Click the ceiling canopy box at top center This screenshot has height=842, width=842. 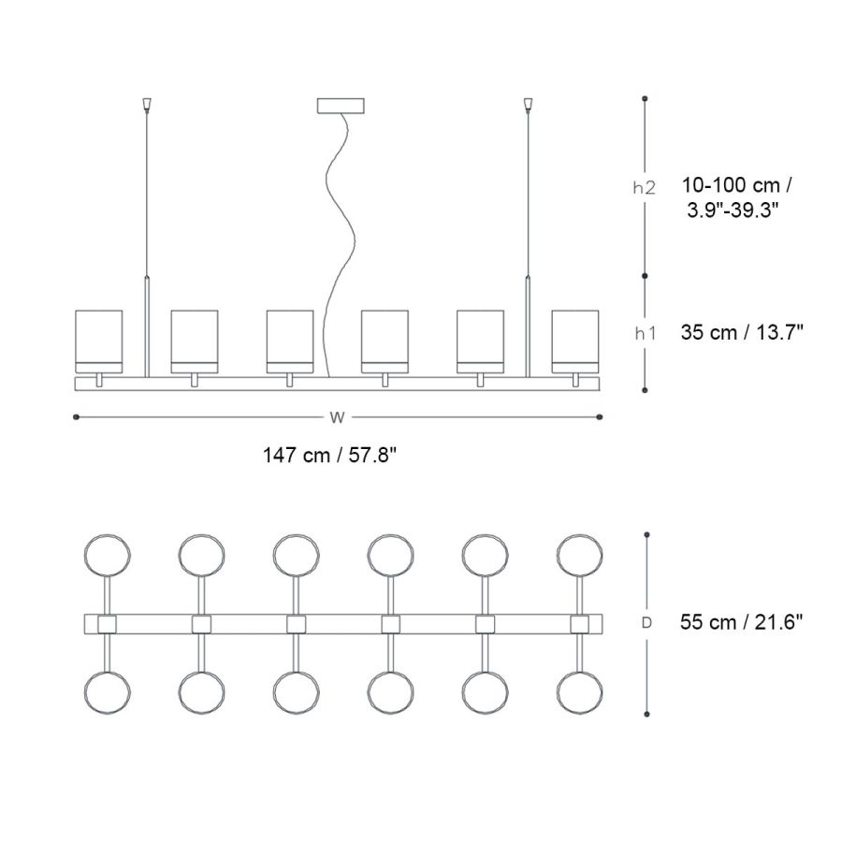pyautogui.click(x=341, y=106)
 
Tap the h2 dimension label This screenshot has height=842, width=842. pyautogui.click(x=645, y=188)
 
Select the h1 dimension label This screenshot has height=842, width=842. pyautogui.click(x=645, y=333)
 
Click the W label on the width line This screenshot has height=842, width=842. pyautogui.click(x=337, y=417)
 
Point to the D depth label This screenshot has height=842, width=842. pyautogui.click(x=646, y=623)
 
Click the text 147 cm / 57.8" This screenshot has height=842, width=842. pyautogui.click(x=329, y=456)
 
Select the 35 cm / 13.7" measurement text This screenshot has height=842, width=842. pyautogui.click(x=742, y=332)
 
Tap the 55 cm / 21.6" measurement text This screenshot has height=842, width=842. pyautogui.click(x=741, y=622)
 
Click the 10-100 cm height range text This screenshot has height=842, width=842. pyautogui.click(x=735, y=185)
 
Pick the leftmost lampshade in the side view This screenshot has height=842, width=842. pyautogui.click(x=99, y=341)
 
